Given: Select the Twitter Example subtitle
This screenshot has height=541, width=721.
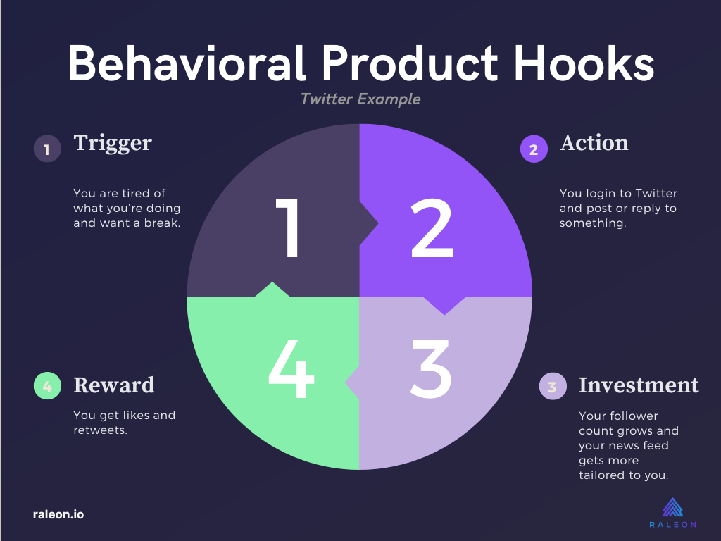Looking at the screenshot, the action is click(360, 99).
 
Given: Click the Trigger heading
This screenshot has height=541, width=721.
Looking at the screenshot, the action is click(113, 143).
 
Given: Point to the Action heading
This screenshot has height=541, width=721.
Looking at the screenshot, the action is click(594, 142).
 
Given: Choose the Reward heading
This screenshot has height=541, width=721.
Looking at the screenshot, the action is click(114, 385).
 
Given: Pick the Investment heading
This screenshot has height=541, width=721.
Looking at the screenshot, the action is click(639, 385).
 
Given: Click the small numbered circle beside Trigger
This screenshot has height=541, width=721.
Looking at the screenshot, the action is click(47, 149).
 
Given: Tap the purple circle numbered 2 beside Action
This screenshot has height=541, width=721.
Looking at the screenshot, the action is click(534, 149).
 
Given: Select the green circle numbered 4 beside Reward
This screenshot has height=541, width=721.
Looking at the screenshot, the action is click(47, 385).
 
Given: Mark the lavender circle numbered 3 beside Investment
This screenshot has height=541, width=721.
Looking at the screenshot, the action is click(553, 386).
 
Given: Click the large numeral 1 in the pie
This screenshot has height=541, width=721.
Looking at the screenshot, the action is click(288, 228).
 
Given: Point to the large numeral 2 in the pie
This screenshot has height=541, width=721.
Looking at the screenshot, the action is click(432, 228).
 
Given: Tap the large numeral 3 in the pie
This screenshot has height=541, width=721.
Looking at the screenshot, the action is click(430, 368).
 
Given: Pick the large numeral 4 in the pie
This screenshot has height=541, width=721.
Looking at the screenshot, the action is click(291, 368).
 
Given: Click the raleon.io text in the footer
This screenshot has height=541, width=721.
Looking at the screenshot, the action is click(58, 514).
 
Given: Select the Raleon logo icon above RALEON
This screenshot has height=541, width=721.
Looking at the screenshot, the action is click(672, 507).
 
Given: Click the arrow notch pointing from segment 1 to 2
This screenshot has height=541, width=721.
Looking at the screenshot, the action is click(369, 223).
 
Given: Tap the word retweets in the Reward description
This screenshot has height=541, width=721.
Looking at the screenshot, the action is click(99, 430).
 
